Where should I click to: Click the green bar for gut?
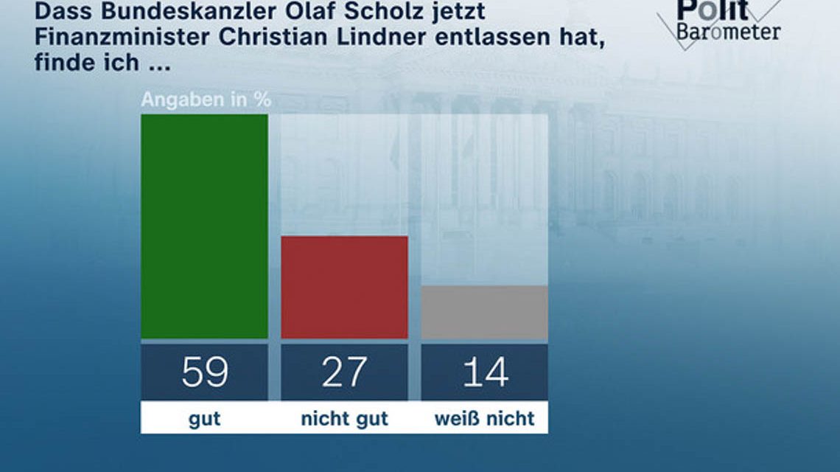204,226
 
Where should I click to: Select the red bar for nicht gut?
344,287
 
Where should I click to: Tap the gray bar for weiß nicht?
484,312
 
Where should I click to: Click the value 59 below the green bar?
204,372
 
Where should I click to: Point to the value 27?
344,372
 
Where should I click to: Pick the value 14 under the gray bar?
484,372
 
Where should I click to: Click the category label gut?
204,420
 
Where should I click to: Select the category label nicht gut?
344,420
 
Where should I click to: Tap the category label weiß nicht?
484,420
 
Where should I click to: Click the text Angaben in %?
206,100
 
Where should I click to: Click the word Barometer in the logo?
728,32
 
